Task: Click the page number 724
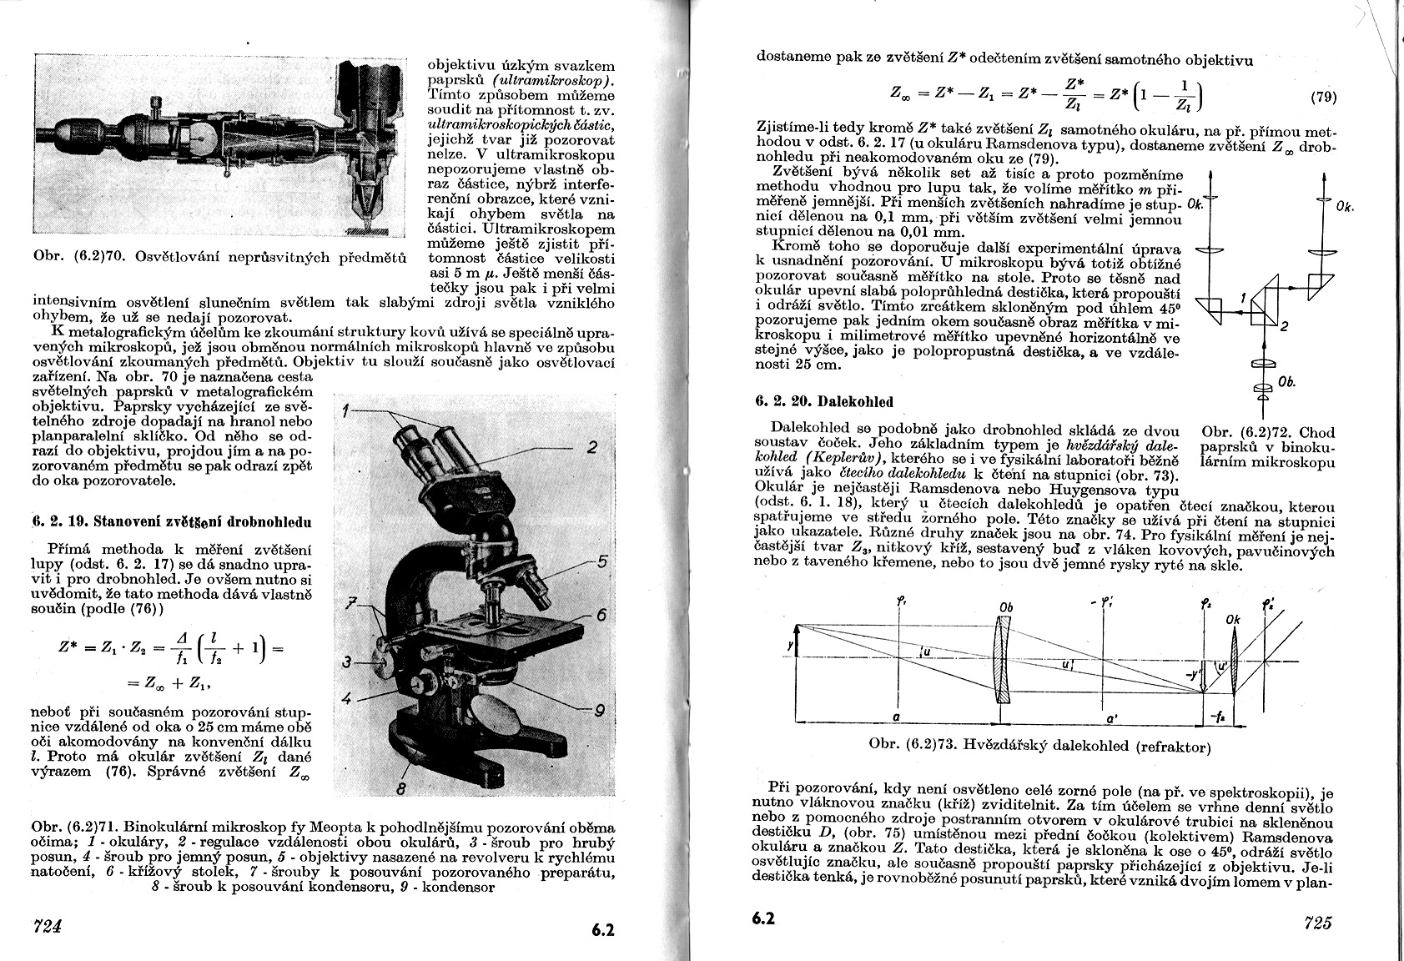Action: (48, 924)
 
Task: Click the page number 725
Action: (1316, 923)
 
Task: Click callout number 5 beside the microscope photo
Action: (602, 561)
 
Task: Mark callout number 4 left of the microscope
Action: (346, 697)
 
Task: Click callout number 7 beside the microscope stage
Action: (351, 601)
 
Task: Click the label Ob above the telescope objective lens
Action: (1004, 607)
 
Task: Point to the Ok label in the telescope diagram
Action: (1234, 620)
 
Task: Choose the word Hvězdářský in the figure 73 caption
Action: (1004, 746)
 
